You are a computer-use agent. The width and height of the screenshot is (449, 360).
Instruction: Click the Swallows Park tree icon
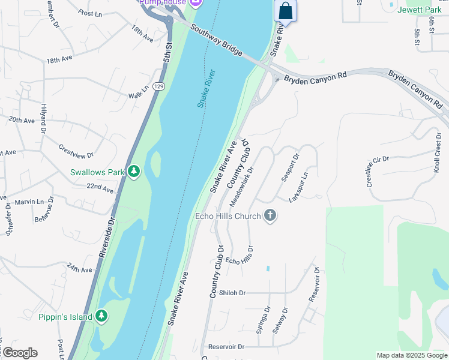[x=134, y=172]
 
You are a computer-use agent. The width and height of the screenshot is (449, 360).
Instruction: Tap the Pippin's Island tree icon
[x=101, y=316]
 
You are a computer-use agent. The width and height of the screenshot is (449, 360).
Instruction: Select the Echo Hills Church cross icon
[x=270, y=216]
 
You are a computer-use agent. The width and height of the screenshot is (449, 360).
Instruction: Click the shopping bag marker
[x=286, y=11]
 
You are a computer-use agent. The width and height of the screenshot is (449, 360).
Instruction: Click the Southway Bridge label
[x=216, y=40]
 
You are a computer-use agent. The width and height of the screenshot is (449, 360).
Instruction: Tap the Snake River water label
[x=206, y=88]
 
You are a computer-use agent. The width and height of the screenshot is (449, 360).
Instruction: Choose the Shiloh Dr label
[x=233, y=293]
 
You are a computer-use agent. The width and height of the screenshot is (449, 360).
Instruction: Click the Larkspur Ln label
[x=298, y=187]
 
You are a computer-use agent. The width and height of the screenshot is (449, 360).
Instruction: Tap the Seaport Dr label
[x=290, y=168]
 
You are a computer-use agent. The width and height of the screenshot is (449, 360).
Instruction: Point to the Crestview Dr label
[x=76, y=151]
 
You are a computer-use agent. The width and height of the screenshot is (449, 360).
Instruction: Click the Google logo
[x=19, y=353]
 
